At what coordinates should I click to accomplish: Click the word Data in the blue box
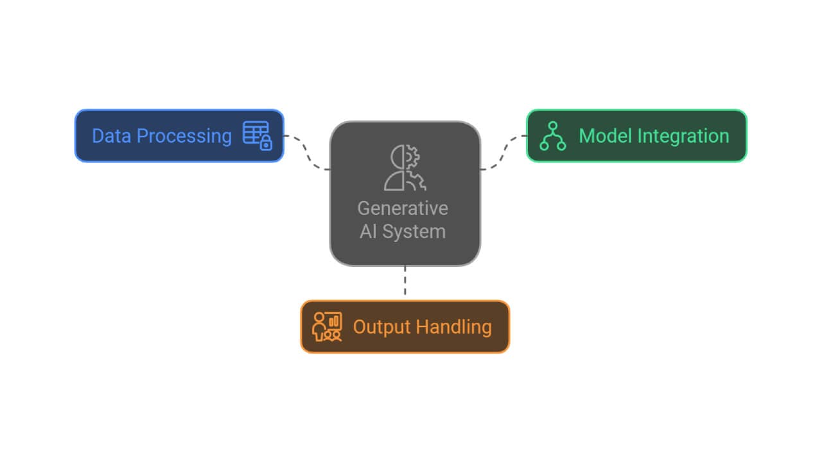(x=112, y=136)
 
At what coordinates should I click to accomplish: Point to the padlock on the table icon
(x=266, y=144)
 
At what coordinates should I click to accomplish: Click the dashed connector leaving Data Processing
(x=307, y=153)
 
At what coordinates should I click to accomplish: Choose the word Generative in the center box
(x=403, y=209)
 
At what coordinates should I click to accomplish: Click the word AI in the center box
(x=369, y=231)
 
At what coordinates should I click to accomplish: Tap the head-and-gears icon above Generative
(x=405, y=168)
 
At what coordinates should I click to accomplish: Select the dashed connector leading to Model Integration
(x=503, y=153)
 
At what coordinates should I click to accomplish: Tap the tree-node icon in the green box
(x=552, y=135)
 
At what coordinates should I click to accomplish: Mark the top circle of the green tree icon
(x=552, y=126)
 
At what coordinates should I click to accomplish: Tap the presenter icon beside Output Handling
(x=327, y=327)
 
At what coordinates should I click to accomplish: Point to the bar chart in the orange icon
(x=334, y=320)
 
